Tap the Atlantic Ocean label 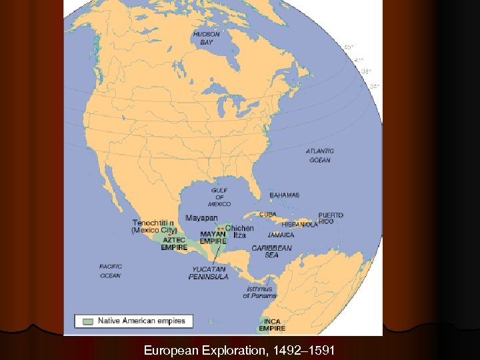319,155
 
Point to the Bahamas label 285,195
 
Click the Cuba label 267,215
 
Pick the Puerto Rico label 331,218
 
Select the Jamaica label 281,235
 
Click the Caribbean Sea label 271,251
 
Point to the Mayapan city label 201,217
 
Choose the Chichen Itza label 239,231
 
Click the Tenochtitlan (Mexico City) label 154,226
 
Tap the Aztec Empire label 174,243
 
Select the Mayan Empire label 213,237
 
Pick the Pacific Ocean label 110,271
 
